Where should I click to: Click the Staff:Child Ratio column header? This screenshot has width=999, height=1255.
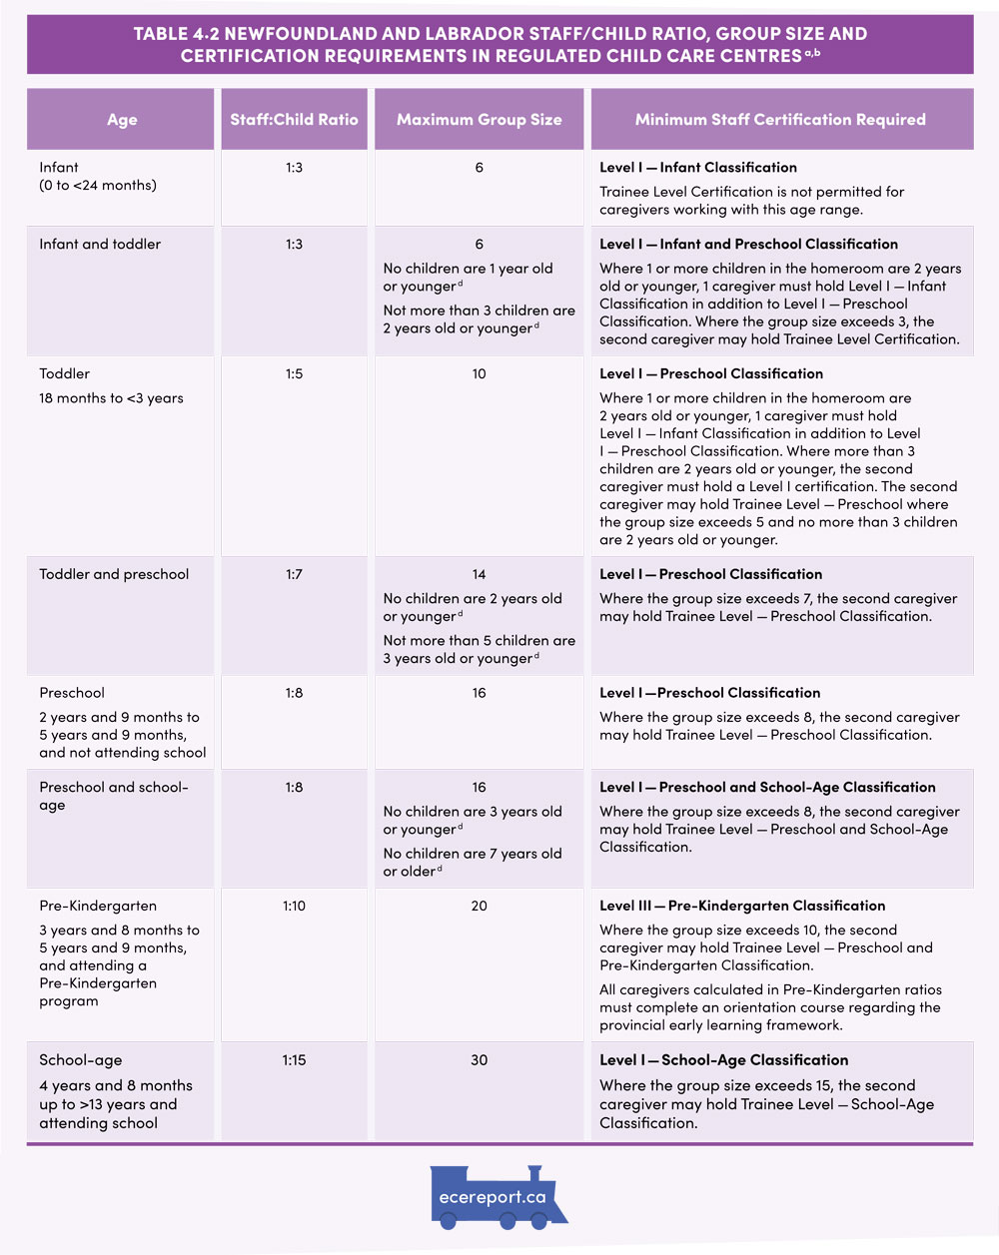coord(294,120)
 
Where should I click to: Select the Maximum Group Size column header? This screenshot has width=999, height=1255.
coord(479,120)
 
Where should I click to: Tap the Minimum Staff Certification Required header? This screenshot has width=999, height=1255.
coord(780,120)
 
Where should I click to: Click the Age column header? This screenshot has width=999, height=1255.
coord(122,120)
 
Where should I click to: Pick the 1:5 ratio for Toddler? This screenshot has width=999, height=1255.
coord(294,374)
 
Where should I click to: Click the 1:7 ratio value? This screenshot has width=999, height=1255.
coord(294,575)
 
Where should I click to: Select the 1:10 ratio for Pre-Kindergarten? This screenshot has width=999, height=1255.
coord(294,907)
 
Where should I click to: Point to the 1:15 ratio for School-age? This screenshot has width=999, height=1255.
coord(294,1060)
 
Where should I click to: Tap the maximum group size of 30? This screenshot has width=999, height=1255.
coord(479,1060)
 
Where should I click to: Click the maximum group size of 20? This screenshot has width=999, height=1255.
coord(479,907)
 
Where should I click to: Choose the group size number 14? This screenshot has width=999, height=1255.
coord(479,575)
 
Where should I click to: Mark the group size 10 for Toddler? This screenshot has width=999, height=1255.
coord(479,374)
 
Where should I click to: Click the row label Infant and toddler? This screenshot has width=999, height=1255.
coord(100,245)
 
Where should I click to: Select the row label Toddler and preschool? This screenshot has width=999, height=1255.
coord(114,575)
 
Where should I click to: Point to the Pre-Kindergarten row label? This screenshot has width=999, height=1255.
coord(98,907)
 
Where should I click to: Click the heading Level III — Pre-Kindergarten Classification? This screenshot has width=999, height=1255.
coord(742,907)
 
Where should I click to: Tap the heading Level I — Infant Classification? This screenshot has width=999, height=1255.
coord(698,168)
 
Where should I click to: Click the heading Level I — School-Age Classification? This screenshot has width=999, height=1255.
coord(724,1060)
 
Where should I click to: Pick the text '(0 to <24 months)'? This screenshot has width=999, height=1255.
coord(98,186)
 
